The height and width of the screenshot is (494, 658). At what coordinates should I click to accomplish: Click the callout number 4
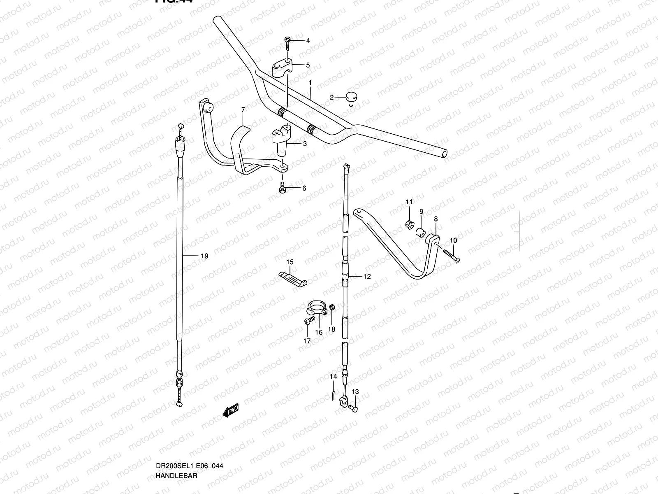[x=308, y=40]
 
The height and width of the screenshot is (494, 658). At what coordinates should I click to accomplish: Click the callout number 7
[x=243, y=110]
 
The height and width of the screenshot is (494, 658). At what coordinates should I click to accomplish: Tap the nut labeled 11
[x=408, y=224]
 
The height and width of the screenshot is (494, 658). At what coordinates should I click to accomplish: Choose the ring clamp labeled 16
[x=317, y=309]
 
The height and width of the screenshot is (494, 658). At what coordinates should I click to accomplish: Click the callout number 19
[x=204, y=256]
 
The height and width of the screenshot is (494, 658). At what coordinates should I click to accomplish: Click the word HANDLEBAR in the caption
[x=177, y=475]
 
